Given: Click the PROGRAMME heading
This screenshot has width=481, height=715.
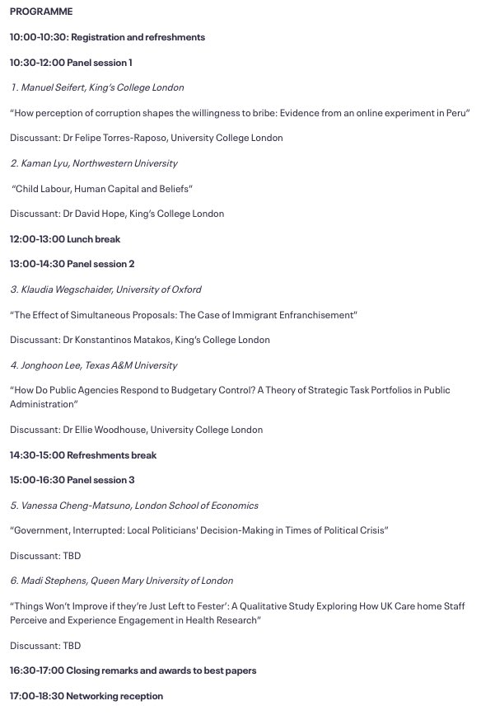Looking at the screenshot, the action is [41, 12].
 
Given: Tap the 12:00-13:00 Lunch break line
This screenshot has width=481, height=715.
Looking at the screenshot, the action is [65, 239].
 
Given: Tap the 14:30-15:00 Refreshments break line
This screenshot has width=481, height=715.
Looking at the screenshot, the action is [83, 455].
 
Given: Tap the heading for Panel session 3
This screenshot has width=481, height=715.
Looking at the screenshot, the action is [72, 480].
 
